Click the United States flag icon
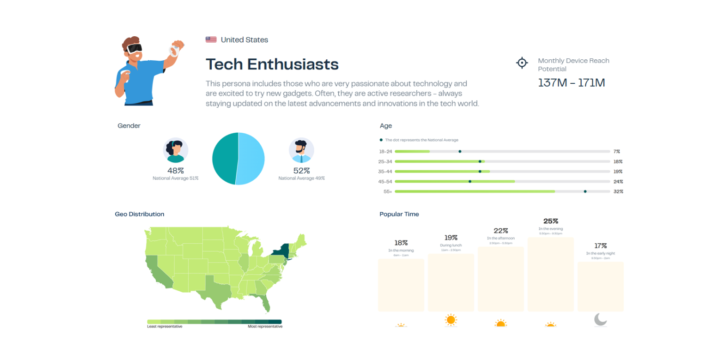tap(211, 40)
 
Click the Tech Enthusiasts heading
tap(272, 64)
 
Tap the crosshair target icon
tap(522, 63)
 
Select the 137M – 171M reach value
tap(571, 83)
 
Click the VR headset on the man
tap(134, 48)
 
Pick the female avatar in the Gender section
tap(176, 150)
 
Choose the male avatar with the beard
tap(301, 150)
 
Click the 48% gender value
tap(176, 171)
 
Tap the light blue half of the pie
tap(251, 158)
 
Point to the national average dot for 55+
tap(585, 192)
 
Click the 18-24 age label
tap(385, 152)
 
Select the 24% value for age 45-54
tap(618, 182)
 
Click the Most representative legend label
tap(265, 327)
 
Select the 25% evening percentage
tap(550, 221)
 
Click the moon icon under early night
tap(600, 320)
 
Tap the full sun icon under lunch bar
tap(451, 320)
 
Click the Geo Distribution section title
tap(139, 214)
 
